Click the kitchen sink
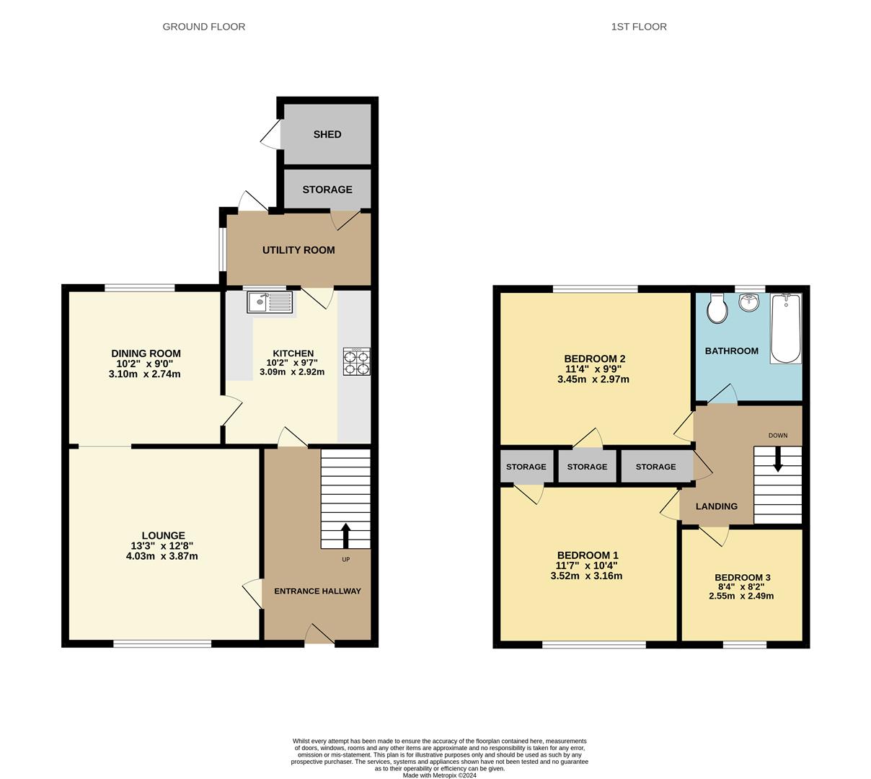tap(270, 302)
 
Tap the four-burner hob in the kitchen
tap(356, 361)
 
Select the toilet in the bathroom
tap(717, 308)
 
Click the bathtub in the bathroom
tap(786, 329)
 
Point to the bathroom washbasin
tap(750, 302)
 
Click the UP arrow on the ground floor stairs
tap(345, 535)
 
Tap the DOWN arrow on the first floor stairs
tap(778, 459)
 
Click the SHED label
tap(327, 135)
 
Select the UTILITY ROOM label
tap(299, 250)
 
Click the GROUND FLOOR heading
tap(204, 27)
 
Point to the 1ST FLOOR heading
tap(639, 27)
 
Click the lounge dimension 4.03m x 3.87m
tap(162, 556)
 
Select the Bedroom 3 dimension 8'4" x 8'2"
tap(742, 586)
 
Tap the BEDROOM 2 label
tap(595, 358)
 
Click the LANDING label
tap(717, 506)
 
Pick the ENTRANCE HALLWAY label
tap(317, 591)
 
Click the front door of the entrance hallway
tap(319, 635)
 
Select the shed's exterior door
tap(271, 133)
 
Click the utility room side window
tap(222, 250)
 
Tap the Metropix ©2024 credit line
tap(439, 775)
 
